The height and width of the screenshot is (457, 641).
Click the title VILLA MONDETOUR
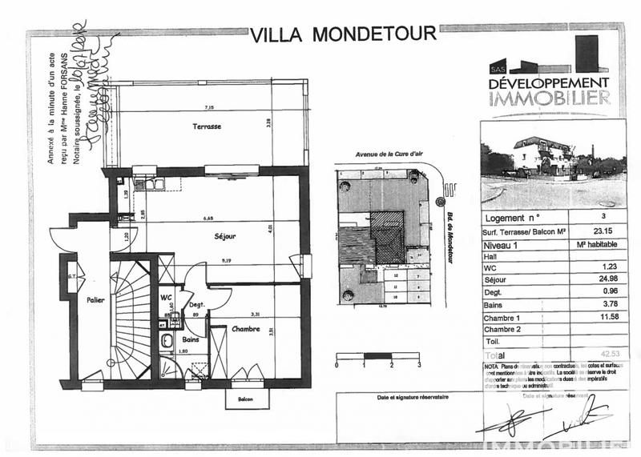click(x=344, y=35)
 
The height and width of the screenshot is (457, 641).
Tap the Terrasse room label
click(x=206, y=127)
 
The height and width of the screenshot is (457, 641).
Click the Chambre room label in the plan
click(x=244, y=329)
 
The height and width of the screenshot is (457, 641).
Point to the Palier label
click(x=97, y=300)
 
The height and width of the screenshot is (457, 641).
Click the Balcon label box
click(x=244, y=399)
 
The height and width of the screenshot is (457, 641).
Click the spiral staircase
click(x=128, y=320)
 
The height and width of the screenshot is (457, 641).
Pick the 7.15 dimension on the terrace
click(x=208, y=107)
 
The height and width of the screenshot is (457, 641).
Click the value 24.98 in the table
click(x=594, y=278)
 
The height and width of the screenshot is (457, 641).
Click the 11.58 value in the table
click(x=594, y=318)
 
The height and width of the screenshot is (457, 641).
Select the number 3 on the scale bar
click(x=419, y=364)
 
